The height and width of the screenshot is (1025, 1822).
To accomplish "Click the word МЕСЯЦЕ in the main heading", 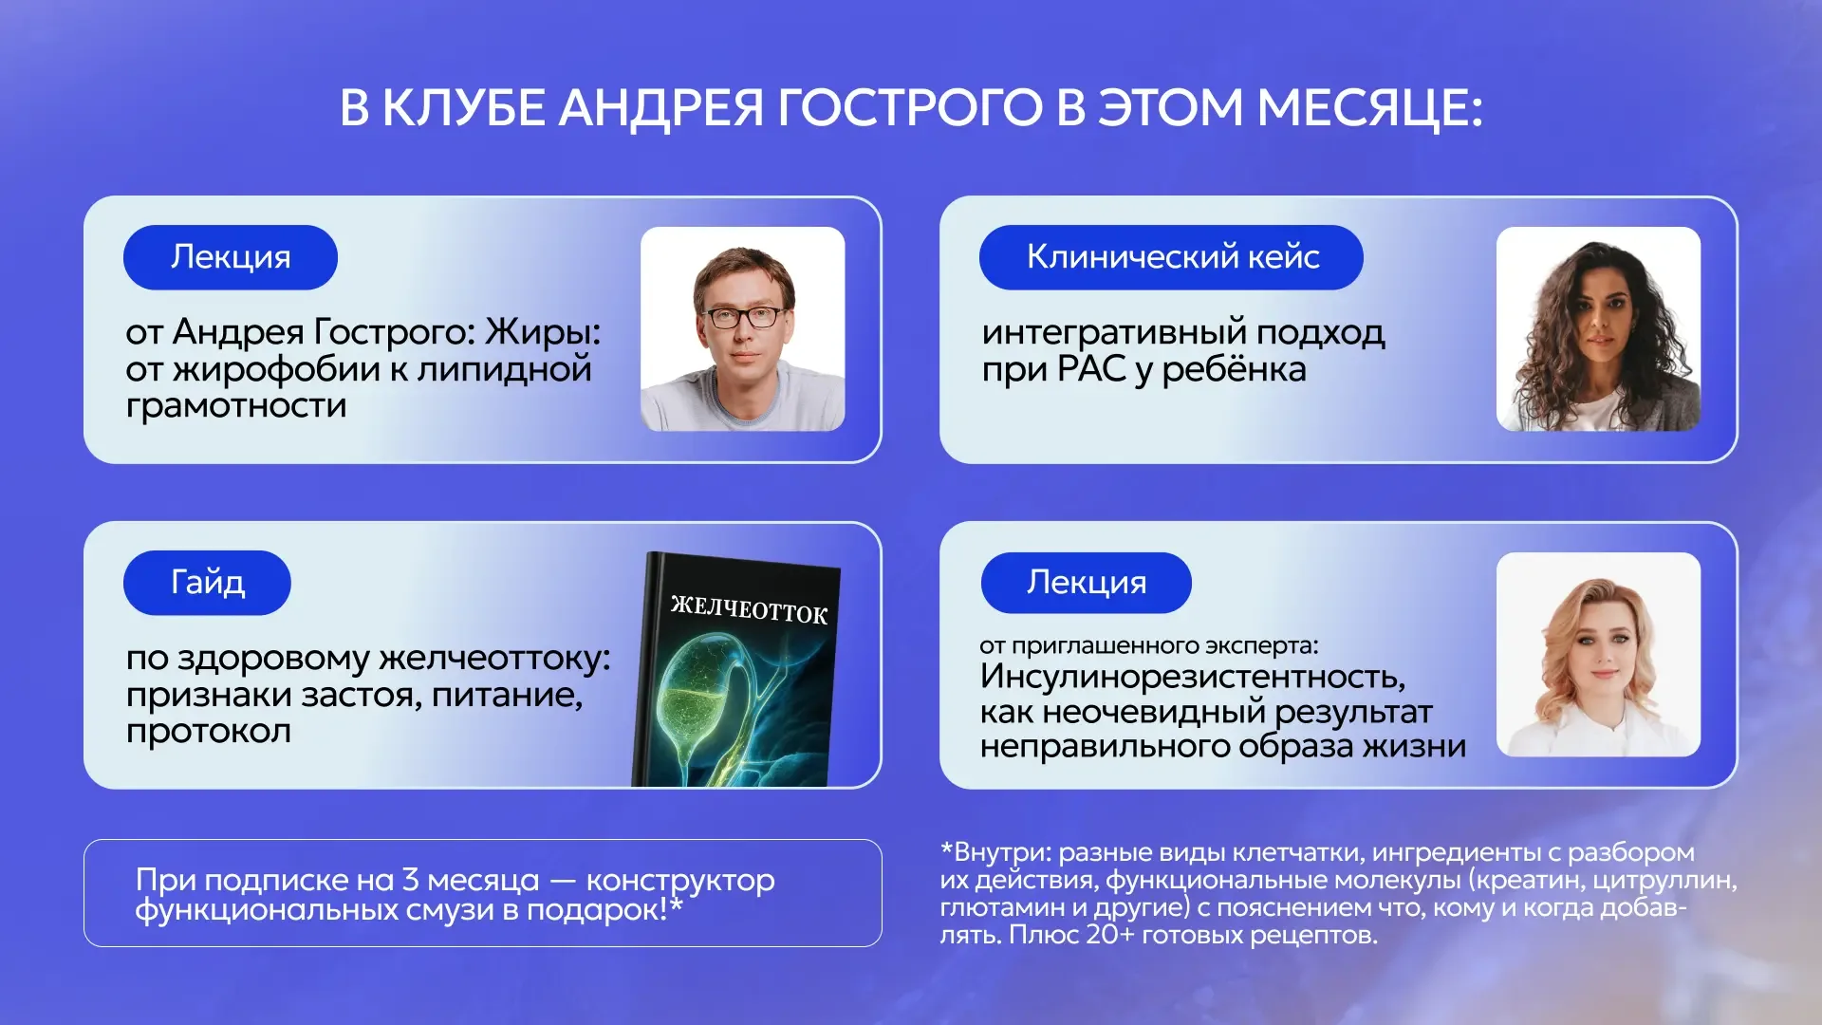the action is (x=1369, y=107).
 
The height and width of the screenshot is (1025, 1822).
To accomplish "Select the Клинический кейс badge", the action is (x=1171, y=257).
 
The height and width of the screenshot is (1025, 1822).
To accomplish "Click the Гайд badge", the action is (x=207, y=583).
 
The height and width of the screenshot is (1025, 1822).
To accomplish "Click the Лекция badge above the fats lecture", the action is (x=231, y=257).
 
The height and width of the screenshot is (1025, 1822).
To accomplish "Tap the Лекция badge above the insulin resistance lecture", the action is (x=1086, y=583).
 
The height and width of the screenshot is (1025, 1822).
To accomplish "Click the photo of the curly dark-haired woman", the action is (x=1598, y=329).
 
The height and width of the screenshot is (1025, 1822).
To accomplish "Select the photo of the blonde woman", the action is (x=1598, y=655).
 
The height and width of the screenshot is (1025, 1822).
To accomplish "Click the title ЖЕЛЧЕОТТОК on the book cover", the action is (x=749, y=609).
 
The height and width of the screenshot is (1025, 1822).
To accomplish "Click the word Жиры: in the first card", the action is (x=543, y=332).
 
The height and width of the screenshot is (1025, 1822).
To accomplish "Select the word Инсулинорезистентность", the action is (x=1193, y=677).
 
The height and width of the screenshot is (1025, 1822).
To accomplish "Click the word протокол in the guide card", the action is (x=209, y=732).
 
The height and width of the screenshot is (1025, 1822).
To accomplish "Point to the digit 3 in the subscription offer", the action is (x=410, y=880).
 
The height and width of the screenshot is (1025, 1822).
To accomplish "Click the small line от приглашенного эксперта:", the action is (x=1149, y=646).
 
